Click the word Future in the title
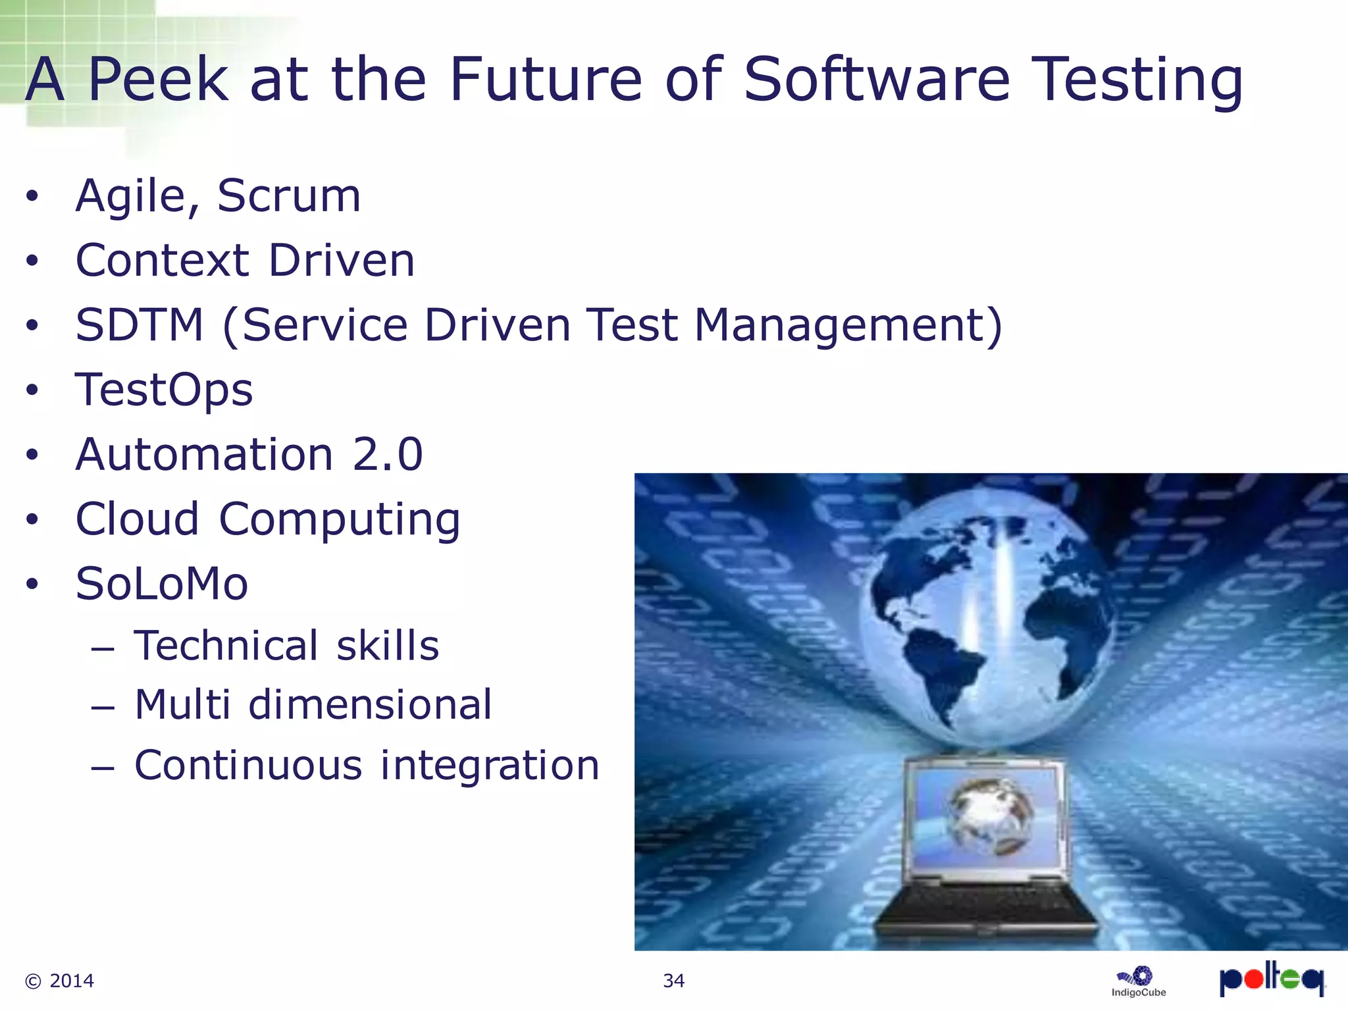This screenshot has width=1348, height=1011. (x=545, y=80)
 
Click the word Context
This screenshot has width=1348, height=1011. (x=162, y=261)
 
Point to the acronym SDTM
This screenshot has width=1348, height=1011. (x=140, y=325)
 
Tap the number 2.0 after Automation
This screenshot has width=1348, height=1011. (x=388, y=455)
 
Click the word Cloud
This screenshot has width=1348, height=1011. (x=137, y=519)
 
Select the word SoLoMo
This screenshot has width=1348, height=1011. (x=162, y=584)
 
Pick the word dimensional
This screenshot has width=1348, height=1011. (x=370, y=705)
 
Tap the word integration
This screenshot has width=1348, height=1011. (x=490, y=765)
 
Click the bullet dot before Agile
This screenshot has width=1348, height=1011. (x=32, y=196)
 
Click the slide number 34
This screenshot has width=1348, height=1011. (x=673, y=981)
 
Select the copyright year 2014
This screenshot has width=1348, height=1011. (x=71, y=981)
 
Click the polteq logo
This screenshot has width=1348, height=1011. (x=1271, y=979)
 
